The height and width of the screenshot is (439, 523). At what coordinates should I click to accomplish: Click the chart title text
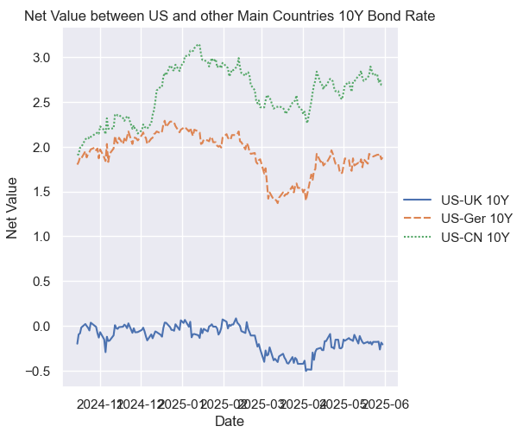pos(229,16)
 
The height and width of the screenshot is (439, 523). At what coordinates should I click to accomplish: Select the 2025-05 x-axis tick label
pos(343,404)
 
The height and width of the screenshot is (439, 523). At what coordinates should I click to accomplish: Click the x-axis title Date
pos(229,422)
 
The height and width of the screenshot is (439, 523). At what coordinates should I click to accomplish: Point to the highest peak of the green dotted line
pos(198,44)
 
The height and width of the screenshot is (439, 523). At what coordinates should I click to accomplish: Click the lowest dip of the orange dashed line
pos(278,202)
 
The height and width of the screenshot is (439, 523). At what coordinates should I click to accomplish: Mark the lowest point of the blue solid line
pos(306,370)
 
